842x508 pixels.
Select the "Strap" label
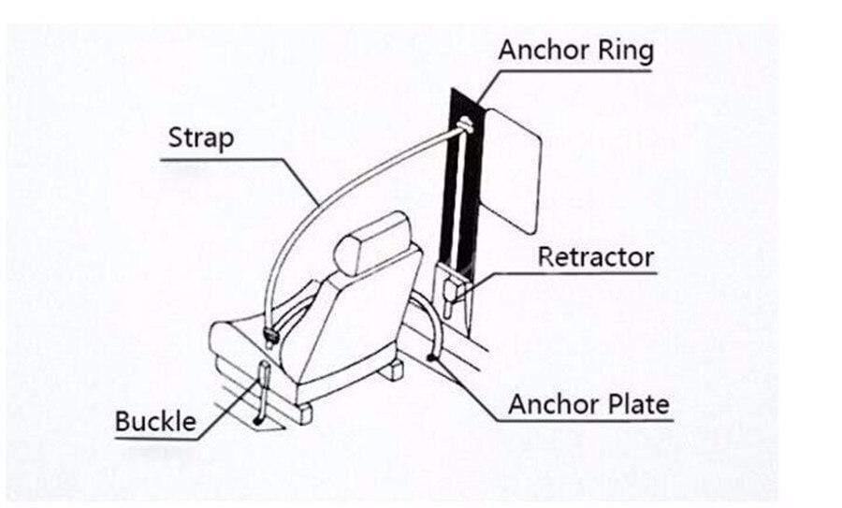pyautogui.click(x=201, y=139)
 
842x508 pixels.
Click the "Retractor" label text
pyautogui.click(x=595, y=257)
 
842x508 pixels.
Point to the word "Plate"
pyautogui.click(x=635, y=404)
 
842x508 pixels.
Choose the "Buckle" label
pyautogui.click(x=155, y=422)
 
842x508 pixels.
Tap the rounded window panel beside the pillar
pyautogui.click(x=514, y=168)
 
